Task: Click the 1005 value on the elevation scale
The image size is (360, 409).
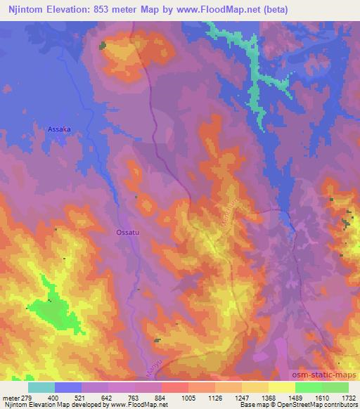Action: pyautogui.click(x=188, y=398)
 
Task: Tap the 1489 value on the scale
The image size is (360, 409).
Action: pyautogui.click(x=295, y=398)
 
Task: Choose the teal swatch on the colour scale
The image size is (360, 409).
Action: pyautogui.click(x=41, y=387)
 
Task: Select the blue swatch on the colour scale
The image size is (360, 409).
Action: pyautogui.click(x=68, y=387)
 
